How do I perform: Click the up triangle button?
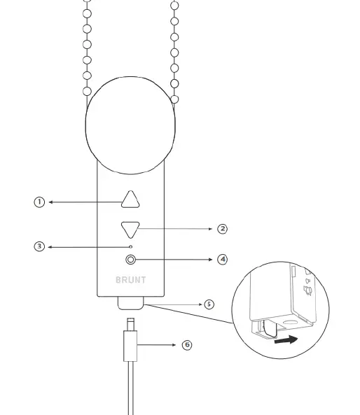(x=130, y=200)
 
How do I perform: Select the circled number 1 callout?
(x=39, y=202)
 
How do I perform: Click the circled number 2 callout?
(x=222, y=229)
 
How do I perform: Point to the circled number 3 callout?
(x=39, y=246)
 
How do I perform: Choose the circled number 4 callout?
(x=222, y=260)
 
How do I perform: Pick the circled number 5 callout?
(x=209, y=304)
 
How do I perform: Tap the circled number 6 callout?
(x=187, y=344)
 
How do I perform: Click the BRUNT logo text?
(x=130, y=280)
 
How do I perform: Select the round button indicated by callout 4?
(x=130, y=260)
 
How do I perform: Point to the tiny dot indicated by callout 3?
(x=130, y=246)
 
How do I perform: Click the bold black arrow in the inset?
(x=286, y=339)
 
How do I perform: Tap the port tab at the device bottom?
(x=130, y=303)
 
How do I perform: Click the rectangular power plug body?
(x=130, y=346)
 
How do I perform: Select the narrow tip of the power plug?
(x=130, y=324)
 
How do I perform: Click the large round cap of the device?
(x=130, y=125)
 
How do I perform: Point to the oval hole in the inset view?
(x=290, y=323)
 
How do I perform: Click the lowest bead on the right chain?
(x=174, y=99)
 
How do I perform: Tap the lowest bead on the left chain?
(x=87, y=91)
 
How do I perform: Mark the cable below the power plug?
(x=130, y=388)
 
